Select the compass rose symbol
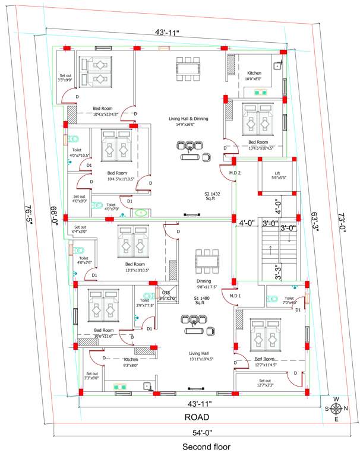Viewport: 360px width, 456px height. (x=336, y=408)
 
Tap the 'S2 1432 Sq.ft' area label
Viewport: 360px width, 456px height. (x=212, y=197)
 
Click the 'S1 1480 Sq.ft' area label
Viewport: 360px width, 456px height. (x=204, y=300)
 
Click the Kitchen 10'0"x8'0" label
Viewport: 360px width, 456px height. (x=254, y=76)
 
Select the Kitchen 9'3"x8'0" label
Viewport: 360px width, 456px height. (x=131, y=362)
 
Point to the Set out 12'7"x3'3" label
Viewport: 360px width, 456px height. (x=264, y=383)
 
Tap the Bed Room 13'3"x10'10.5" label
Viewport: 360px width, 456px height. (x=135, y=267)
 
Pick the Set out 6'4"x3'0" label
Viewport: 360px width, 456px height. (x=80, y=229)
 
